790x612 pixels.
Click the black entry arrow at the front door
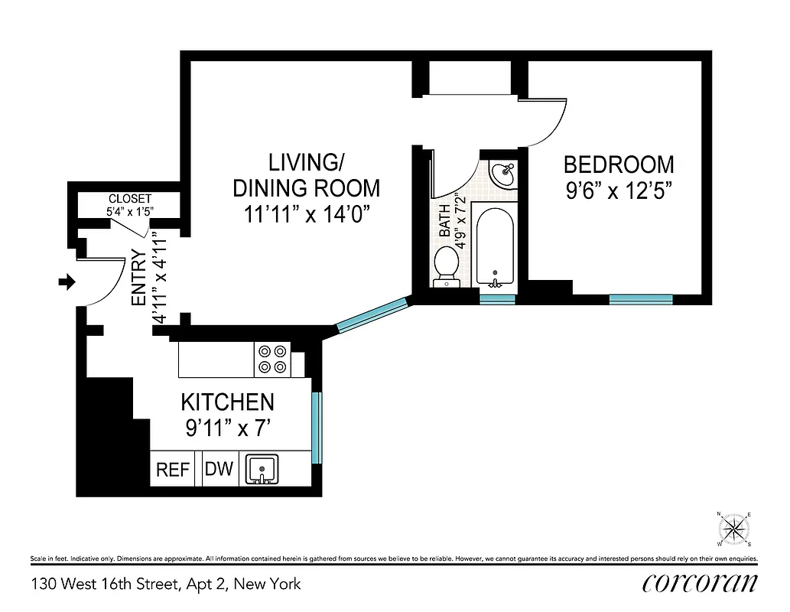pyautogui.click(x=67, y=283)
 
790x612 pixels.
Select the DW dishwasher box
pyautogui.click(x=219, y=468)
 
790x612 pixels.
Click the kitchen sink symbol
pyautogui.click(x=262, y=469)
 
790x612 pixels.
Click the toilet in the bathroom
pyautogui.click(x=446, y=266)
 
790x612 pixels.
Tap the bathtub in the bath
pyautogui.click(x=496, y=245)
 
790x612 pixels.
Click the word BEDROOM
pyautogui.click(x=619, y=164)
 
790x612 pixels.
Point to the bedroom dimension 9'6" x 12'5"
pyautogui.click(x=619, y=191)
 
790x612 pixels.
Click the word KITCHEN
pyautogui.click(x=227, y=402)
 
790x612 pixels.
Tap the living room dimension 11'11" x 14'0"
pyautogui.click(x=306, y=214)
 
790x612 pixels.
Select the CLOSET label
pyautogui.click(x=130, y=198)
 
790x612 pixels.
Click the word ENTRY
pyautogui.click(x=138, y=278)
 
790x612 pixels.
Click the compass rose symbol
pyautogui.click(x=735, y=528)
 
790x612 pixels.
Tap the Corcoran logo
pyautogui.click(x=701, y=583)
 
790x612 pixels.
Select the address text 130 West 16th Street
pyautogui.click(x=166, y=584)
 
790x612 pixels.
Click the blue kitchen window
pyautogui.click(x=317, y=428)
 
